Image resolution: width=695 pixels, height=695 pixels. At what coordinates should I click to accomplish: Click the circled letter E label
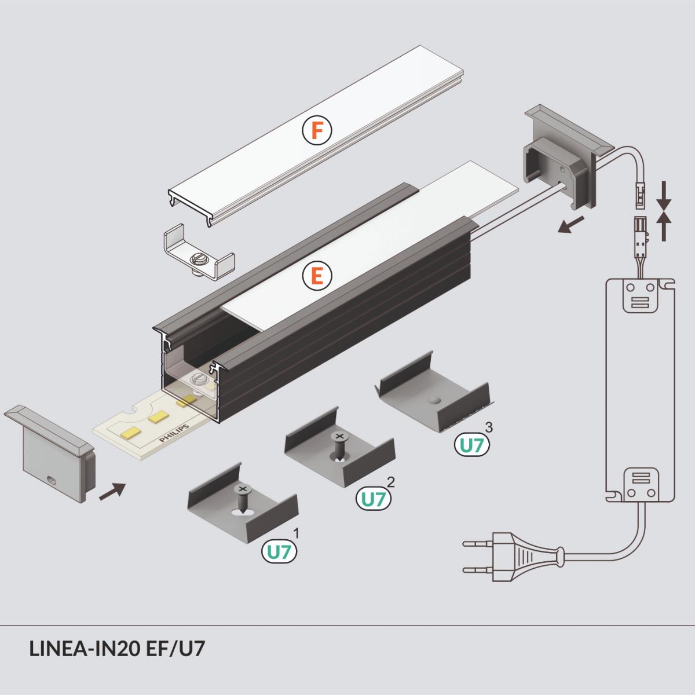317,276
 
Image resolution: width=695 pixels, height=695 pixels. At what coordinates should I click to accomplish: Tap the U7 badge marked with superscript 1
279,551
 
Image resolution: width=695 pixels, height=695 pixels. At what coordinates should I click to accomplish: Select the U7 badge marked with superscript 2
373,498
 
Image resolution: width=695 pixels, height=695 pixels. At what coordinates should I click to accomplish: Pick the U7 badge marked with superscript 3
471,445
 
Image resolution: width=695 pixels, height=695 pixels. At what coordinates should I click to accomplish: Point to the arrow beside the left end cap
112,491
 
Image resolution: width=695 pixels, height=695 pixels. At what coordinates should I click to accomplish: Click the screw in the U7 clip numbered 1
243,497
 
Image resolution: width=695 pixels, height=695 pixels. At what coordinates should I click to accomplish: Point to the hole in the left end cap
52,480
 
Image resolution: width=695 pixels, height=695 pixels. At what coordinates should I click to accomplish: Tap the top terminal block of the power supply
640,295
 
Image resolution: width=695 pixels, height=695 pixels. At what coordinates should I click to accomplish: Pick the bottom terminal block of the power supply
640,484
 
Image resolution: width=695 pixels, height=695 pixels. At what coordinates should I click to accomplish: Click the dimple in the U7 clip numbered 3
435,401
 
